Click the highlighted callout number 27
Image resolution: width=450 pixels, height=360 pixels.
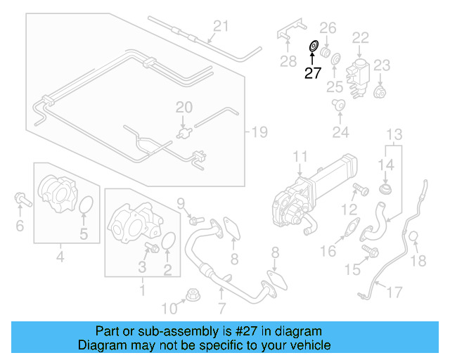pos(312,72)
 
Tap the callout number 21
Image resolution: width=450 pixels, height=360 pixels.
pos(221,27)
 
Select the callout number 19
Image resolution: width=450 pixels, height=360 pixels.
pos(260,131)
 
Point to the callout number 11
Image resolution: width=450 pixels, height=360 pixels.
pos(300,156)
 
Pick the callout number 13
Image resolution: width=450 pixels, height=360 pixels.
pos(394,134)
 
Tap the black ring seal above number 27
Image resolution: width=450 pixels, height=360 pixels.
pos(312,47)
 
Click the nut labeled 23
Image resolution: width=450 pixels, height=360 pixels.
pos(380,91)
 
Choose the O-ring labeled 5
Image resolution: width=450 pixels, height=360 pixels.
pos(85,205)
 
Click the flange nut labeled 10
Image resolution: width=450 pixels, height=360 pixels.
pos(191,295)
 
